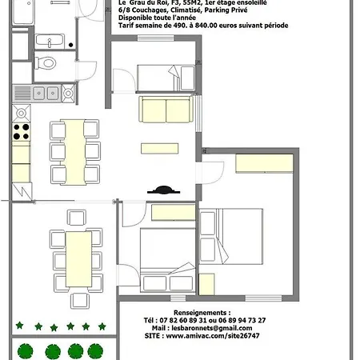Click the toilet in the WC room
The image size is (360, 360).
(x=46, y=63)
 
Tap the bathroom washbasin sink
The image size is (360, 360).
(x=50, y=41)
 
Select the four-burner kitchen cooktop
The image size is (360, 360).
(x=22, y=132)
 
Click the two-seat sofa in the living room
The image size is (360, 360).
(x=166, y=110)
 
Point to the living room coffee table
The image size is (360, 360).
(x=160, y=149)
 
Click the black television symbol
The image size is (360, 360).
(x=163, y=190)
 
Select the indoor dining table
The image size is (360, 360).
(x=74, y=152)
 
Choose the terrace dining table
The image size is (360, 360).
(x=78, y=259)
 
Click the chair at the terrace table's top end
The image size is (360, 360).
(x=77, y=218)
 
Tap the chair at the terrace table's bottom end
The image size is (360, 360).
(x=80, y=301)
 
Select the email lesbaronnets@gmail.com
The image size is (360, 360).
(x=212, y=328)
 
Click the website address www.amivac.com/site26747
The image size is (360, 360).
(x=213, y=336)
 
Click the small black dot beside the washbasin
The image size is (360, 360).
(x=70, y=45)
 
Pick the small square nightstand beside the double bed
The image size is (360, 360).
(x=206, y=284)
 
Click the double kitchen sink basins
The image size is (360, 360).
(x=46, y=94)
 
